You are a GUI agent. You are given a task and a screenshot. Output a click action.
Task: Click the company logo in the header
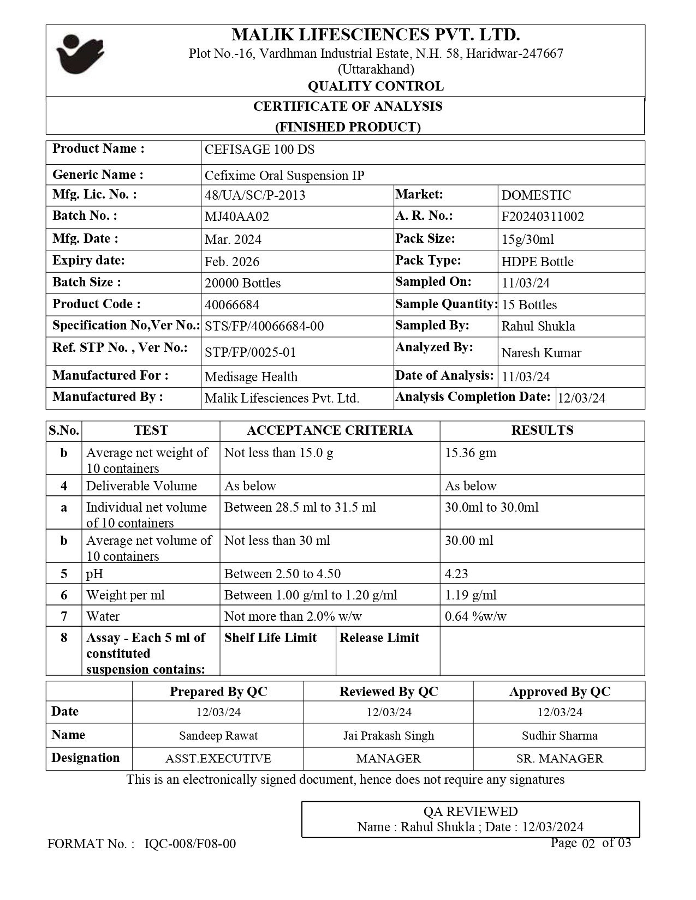click(x=80, y=54)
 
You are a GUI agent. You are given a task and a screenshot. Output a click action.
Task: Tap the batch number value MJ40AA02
click(x=236, y=217)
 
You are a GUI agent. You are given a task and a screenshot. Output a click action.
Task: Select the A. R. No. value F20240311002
click(x=542, y=217)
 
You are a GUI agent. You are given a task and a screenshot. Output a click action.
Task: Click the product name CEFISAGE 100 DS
click(x=259, y=150)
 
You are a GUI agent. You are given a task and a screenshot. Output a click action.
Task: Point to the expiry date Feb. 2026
click(x=231, y=262)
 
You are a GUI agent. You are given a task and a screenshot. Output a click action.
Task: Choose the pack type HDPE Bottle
click(x=537, y=262)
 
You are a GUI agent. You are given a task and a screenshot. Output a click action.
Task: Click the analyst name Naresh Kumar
click(x=541, y=353)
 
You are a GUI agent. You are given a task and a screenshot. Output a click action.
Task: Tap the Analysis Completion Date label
click(x=473, y=397)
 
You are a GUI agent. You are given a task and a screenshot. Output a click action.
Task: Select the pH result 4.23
click(x=456, y=574)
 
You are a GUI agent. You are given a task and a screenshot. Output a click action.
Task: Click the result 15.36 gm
click(x=471, y=453)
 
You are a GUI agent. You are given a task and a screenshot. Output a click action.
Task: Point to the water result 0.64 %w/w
click(x=475, y=616)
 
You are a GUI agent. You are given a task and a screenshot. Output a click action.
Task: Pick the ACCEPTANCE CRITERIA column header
click(x=329, y=430)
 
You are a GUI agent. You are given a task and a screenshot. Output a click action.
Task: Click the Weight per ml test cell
click(x=125, y=595)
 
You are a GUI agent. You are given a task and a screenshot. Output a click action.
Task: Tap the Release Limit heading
click(x=379, y=638)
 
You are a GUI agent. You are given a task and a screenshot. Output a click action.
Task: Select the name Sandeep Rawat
click(x=218, y=735)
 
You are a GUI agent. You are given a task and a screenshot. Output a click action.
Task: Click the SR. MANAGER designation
click(x=560, y=759)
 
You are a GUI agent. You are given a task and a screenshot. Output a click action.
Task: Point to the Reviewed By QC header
click(x=389, y=692)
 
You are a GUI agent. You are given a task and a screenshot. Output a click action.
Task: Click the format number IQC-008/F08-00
click(x=190, y=844)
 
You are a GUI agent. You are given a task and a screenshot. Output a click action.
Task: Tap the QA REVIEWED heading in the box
click(x=471, y=812)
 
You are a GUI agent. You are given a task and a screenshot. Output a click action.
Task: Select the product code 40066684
click(x=231, y=305)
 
